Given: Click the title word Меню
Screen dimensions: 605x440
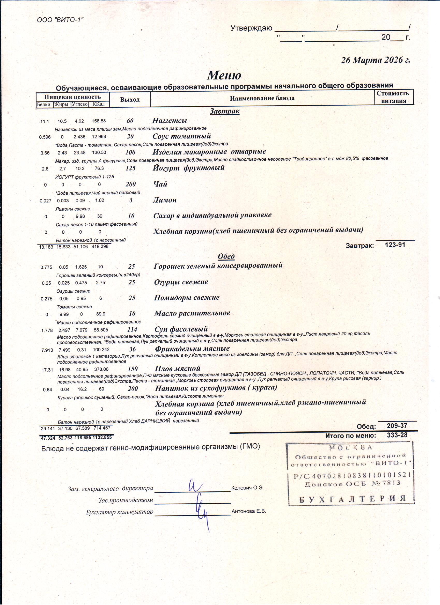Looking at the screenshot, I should click(x=224, y=75).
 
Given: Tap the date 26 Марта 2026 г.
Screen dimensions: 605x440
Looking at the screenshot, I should click(x=376, y=60).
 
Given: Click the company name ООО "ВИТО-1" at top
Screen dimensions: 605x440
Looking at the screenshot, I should click(x=60, y=20).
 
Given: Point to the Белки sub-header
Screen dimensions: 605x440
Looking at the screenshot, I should click(x=44, y=105).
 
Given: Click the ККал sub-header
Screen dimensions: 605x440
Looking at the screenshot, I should click(x=98, y=104).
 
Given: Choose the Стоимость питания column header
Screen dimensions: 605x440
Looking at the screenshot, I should click(x=394, y=97).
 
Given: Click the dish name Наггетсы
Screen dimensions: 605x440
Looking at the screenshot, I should click(x=169, y=120).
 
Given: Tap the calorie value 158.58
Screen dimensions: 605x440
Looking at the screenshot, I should click(x=99, y=121).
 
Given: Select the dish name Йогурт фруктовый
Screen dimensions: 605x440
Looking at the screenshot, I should click(x=188, y=168).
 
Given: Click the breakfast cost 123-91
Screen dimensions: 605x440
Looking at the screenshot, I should click(x=395, y=245).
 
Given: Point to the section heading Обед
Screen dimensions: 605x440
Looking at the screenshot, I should click(x=226, y=256).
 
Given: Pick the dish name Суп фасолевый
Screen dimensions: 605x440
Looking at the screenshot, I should click(x=181, y=329).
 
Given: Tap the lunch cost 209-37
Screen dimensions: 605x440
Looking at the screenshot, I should click(x=397, y=426).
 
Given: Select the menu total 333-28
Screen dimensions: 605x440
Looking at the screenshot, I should click(x=397, y=435).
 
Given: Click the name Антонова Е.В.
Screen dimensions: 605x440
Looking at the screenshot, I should click(x=249, y=511).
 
